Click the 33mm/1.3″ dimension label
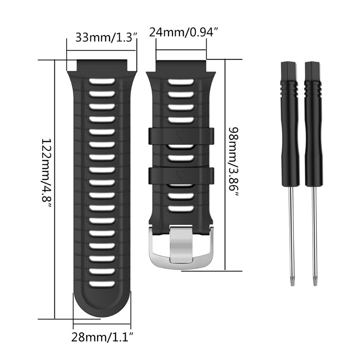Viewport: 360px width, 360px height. [106, 37]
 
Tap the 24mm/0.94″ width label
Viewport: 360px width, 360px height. [183, 32]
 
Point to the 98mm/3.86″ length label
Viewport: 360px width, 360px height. [234, 162]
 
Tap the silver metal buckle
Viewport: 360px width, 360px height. [181, 247]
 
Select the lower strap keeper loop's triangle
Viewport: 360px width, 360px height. [181, 175]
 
